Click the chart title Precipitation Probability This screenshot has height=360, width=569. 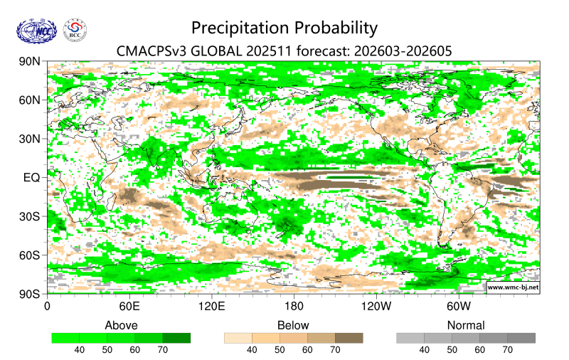pyautogui.click(x=284, y=28)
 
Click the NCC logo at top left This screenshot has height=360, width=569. pyautogui.click(x=36, y=31)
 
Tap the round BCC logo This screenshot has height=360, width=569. pyautogui.click(x=75, y=31)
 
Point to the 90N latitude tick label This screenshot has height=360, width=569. pyautogui.click(x=31, y=62)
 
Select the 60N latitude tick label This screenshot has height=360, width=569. pyautogui.click(x=31, y=100)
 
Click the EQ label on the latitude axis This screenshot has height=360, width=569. pyautogui.click(x=32, y=177)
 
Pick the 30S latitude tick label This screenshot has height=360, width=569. pyautogui.click(x=31, y=216)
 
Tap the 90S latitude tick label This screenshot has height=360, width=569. pyautogui.click(x=31, y=293)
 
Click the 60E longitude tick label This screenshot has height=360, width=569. pyautogui.click(x=129, y=307)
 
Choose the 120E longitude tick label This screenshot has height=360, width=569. pyautogui.click(x=211, y=307)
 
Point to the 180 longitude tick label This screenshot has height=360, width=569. pyautogui.click(x=293, y=307)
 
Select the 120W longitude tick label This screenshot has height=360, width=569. pyautogui.click(x=376, y=307)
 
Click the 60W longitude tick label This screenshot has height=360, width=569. pyautogui.click(x=458, y=307)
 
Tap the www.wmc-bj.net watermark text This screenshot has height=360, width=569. pyautogui.click(x=512, y=287)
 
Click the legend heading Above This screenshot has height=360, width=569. pyautogui.click(x=121, y=325)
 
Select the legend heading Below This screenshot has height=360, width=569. pyautogui.click(x=293, y=325)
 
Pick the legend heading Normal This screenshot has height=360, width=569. pyautogui.click(x=465, y=325)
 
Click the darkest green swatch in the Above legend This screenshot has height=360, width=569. pyautogui.click(x=176, y=338)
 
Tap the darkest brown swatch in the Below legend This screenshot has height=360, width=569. pyautogui.click(x=349, y=338)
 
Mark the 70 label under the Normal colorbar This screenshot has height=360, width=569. pyautogui.click(x=507, y=350)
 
